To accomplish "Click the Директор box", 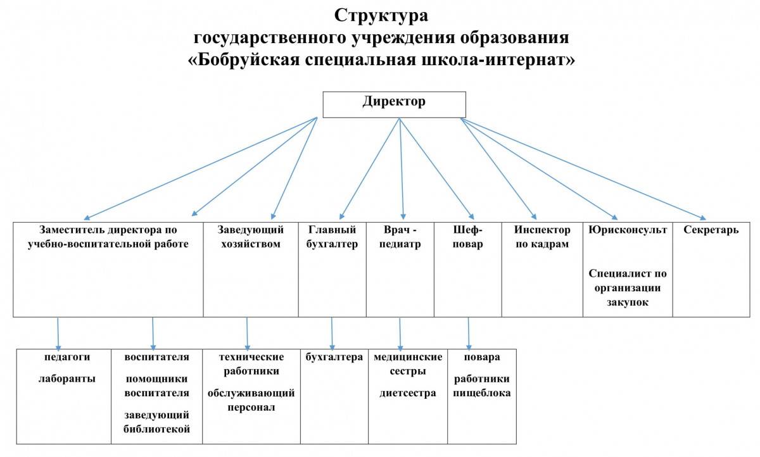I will pos(394,104).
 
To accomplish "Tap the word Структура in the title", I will pos(381,15).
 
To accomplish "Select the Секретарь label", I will pos(711,230).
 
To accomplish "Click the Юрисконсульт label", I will pos(627,230).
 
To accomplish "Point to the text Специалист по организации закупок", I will pos(627,288).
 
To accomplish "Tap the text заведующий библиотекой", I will pos(157,423).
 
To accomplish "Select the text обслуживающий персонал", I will pos(251,400).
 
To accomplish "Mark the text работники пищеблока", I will pos(481,386).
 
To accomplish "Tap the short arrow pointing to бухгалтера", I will pos(332,332).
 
